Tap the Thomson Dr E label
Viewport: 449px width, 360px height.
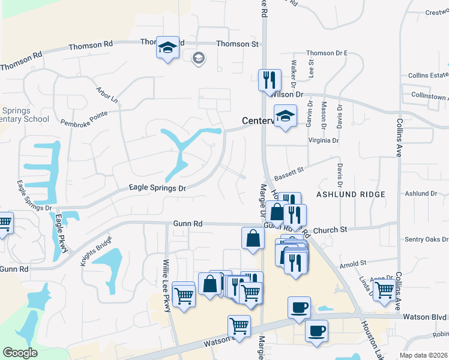[327, 53]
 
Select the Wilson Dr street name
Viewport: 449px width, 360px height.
[288, 95]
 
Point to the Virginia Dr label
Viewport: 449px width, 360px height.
[323, 140]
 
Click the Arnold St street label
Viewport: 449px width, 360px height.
[353, 263]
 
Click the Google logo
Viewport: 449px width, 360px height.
[20, 353]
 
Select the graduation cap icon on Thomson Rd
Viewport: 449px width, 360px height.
[167, 48]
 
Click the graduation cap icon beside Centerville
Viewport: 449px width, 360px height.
[285, 116]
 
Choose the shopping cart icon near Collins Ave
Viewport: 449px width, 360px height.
[385, 291]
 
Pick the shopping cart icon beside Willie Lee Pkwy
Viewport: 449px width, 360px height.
[184, 294]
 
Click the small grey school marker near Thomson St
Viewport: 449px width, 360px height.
[198, 58]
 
